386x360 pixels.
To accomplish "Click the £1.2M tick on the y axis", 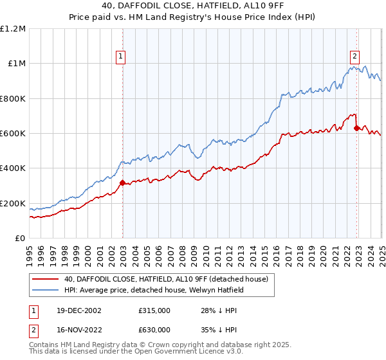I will [x=14, y=28].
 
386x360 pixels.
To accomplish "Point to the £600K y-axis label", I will [x=13, y=134].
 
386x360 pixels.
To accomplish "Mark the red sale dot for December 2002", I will [x=122, y=183].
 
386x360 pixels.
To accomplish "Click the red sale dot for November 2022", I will [x=356, y=128].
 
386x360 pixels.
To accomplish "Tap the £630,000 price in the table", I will [x=154, y=330].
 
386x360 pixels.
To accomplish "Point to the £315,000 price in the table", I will [x=154, y=310].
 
